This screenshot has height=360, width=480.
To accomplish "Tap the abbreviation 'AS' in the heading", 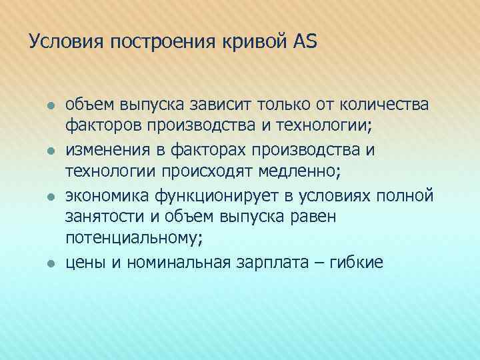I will pyautogui.click(x=305, y=42).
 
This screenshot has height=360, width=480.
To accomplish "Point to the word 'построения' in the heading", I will pyautogui.click(x=160, y=42).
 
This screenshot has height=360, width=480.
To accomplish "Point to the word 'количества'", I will pyautogui.click(x=385, y=105).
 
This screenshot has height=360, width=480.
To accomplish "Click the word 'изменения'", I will pyautogui.click(x=105, y=150).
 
